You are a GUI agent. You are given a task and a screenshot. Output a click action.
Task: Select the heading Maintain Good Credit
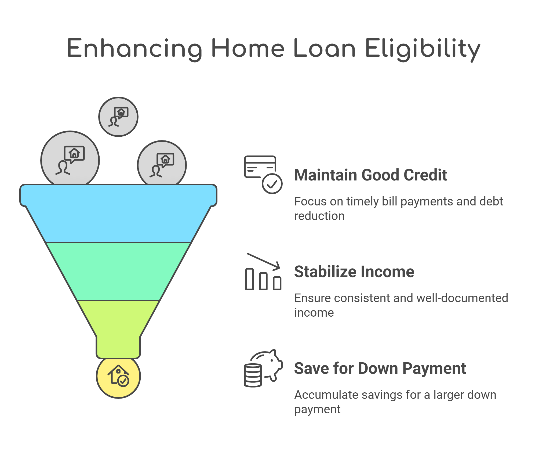tap(370, 175)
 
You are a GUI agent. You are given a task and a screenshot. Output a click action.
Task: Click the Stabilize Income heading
tap(354, 272)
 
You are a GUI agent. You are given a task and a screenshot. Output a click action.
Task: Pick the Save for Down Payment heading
tap(380, 368)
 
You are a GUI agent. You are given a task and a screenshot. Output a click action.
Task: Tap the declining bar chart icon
tap(263, 272)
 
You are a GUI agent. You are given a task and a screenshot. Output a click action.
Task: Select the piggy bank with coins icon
tap(263, 368)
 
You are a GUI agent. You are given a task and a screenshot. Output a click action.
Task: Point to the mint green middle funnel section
tap(118, 272)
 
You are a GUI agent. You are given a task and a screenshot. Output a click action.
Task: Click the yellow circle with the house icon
tap(118, 377)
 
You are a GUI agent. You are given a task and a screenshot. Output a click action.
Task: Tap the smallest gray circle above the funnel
tap(118, 117)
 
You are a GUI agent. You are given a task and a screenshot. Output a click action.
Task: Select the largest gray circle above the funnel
tap(70, 158)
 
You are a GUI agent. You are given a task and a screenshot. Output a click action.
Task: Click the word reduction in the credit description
tap(319, 216)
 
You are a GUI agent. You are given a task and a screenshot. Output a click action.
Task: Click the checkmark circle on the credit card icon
tap(272, 184)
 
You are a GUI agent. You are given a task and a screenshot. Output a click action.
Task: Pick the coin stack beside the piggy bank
tap(253, 375)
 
